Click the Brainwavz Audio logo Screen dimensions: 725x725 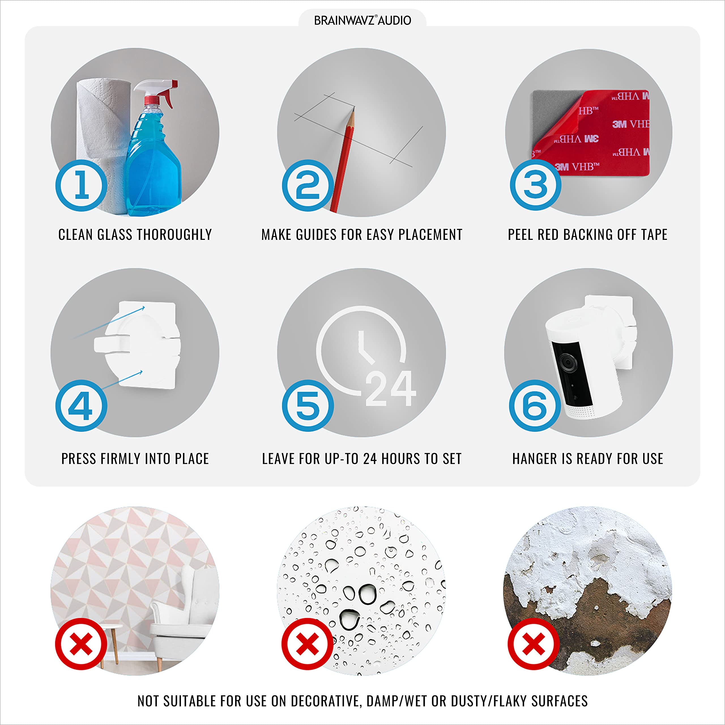(362, 20)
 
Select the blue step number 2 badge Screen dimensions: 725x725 (308, 185)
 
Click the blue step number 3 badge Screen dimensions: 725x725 (536, 185)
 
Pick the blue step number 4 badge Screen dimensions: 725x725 (81, 405)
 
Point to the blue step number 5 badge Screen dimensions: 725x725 (308, 405)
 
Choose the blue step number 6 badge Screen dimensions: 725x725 (535, 405)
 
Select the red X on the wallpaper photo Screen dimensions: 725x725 (81, 644)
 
